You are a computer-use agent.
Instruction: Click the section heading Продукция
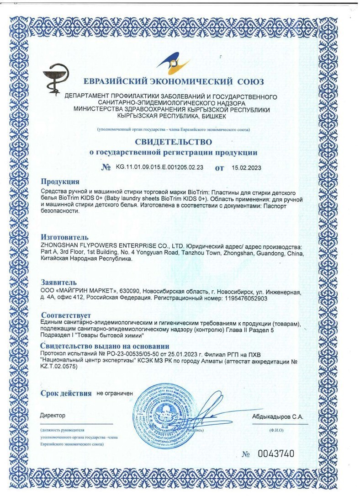[x=60, y=181]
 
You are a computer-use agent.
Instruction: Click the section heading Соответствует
[x=66, y=315]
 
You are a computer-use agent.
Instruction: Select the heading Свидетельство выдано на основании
[x=105, y=347]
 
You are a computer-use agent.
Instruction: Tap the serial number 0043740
[x=276, y=454]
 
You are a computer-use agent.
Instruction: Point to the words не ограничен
[x=114, y=393]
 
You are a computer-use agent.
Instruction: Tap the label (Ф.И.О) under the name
[x=276, y=430]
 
